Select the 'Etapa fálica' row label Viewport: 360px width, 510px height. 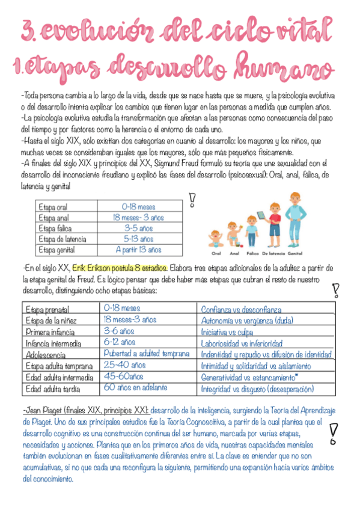55,228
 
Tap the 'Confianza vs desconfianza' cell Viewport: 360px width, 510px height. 241,310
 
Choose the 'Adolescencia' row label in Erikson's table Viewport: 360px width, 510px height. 46,355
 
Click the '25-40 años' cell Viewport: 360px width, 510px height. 124,365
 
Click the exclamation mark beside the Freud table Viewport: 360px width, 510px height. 192,199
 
